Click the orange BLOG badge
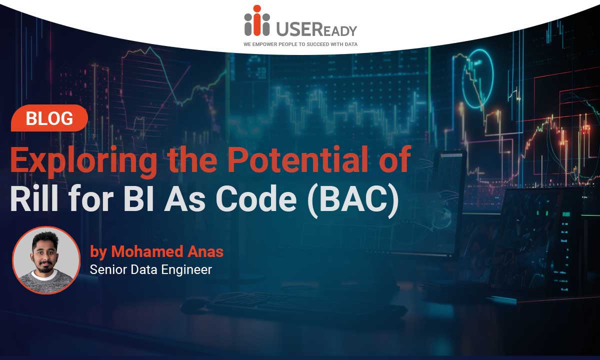coord(49,118)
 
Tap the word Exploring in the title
coord(83,161)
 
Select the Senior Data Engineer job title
coord(151,269)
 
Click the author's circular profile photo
coord(46,260)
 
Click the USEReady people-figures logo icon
coord(257,20)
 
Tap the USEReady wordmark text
coord(316,29)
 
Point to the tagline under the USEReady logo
coord(300,44)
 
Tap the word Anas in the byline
coord(205,251)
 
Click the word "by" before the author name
coord(98,252)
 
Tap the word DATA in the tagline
coord(351,44)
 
